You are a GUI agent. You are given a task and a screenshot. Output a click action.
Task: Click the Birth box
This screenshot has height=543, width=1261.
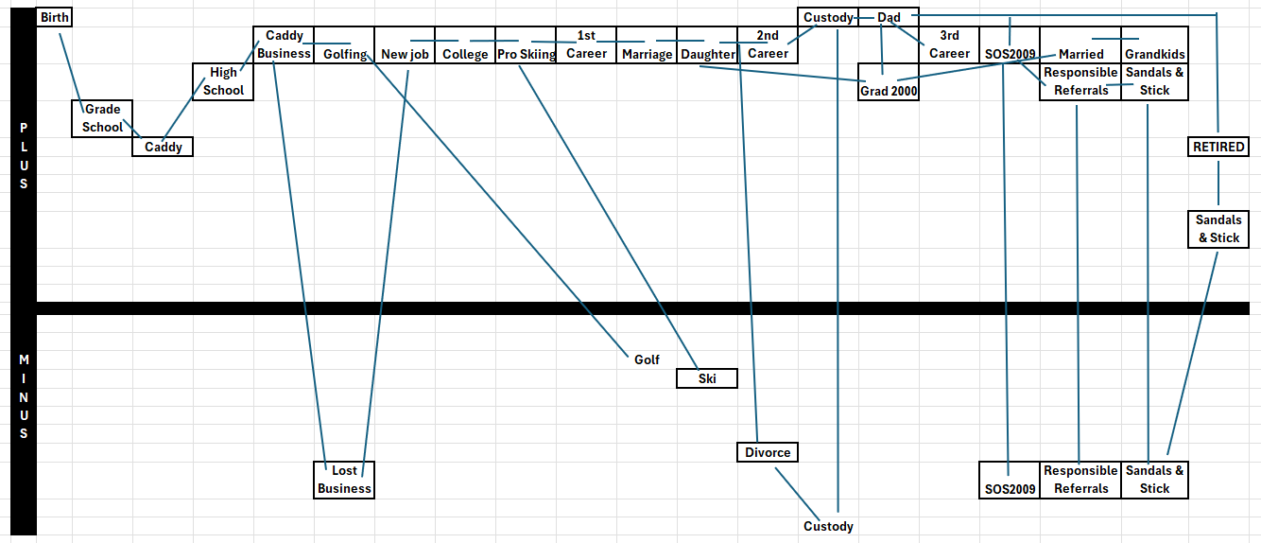pyautogui.click(x=55, y=18)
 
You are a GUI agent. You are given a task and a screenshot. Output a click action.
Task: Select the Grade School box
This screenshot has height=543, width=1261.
pyautogui.click(x=102, y=118)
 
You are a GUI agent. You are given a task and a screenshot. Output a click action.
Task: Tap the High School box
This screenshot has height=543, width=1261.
pyautogui.click(x=223, y=81)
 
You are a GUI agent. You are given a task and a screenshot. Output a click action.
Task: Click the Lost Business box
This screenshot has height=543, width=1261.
pyautogui.click(x=344, y=480)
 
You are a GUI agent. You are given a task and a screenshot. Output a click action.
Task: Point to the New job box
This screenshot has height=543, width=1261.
pyautogui.click(x=405, y=54)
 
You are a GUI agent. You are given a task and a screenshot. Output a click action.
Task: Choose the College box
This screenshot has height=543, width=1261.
pyautogui.click(x=465, y=54)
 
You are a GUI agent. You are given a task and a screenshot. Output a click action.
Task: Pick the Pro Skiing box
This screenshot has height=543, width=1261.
pyautogui.click(x=526, y=54)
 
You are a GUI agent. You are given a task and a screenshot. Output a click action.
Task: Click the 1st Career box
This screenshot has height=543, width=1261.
pyautogui.click(x=586, y=44)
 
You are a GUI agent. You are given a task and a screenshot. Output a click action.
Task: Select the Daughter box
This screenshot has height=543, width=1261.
pyautogui.click(x=707, y=54)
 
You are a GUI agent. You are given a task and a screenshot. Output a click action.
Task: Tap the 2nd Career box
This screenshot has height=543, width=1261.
pyautogui.click(x=768, y=44)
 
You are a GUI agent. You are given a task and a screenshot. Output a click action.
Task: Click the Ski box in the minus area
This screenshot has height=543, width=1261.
pyautogui.click(x=707, y=378)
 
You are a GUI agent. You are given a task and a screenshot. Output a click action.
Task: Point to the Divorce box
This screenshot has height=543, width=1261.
pyautogui.click(x=768, y=452)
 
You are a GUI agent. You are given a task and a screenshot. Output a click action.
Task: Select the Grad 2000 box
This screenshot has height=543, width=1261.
pyautogui.click(x=889, y=92)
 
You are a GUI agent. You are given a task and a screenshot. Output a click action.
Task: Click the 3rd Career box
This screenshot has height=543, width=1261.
pyautogui.click(x=949, y=44)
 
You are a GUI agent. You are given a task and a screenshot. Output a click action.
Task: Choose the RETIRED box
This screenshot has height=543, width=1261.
pyautogui.click(x=1218, y=147)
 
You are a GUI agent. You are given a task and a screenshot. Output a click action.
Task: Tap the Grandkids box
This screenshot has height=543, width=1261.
pyautogui.click(x=1154, y=54)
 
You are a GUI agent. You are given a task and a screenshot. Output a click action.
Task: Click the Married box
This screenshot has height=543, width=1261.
pyautogui.click(x=1080, y=54)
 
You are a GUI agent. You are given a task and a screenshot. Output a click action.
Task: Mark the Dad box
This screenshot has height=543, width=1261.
pyautogui.click(x=889, y=18)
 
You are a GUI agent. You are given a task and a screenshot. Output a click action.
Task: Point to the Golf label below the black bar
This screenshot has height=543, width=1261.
pyautogui.click(x=647, y=359)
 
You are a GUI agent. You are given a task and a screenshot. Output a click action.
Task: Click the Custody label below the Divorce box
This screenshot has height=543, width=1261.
pyautogui.click(x=828, y=526)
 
